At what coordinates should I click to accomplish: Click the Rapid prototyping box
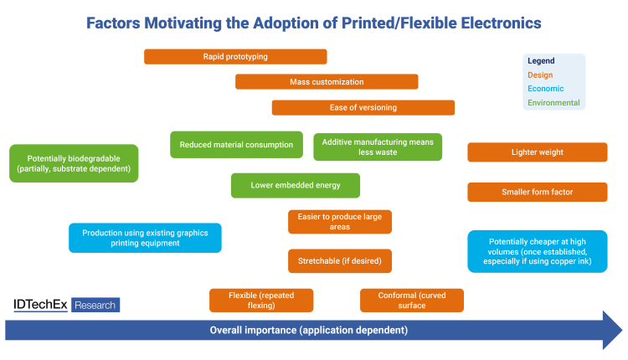(235, 56)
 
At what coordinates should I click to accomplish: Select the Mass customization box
(327, 82)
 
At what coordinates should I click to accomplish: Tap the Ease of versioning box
(363, 108)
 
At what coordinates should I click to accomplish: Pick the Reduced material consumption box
(236, 145)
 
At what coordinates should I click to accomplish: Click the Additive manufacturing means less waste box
(378, 147)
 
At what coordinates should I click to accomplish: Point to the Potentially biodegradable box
(74, 163)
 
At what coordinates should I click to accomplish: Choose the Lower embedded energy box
(296, 185)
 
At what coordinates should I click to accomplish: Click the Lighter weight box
(538, 152)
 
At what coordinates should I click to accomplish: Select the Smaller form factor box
(538, 193)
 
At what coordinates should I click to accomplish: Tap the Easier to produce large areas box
(340, 222)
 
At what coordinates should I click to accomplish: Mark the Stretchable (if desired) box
(340, 261)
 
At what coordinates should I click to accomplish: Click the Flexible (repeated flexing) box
(261, 301)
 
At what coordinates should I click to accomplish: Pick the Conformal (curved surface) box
(412, 301)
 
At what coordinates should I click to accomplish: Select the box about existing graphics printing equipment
(145, 238)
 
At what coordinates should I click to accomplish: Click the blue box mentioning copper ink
(538, 251)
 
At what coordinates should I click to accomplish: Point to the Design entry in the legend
(540, 75)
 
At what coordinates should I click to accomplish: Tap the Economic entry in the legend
(545, 89)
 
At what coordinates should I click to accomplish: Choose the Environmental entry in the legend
(553, 102)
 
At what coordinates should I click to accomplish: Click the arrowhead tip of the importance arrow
(622, 330)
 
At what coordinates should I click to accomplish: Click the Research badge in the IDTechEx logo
(95, 305)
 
